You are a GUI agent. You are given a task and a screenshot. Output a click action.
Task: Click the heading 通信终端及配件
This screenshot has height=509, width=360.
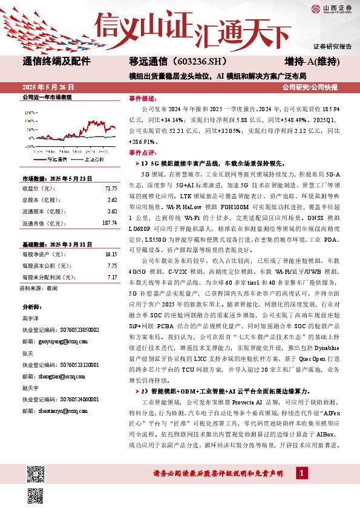(x=56, y=62)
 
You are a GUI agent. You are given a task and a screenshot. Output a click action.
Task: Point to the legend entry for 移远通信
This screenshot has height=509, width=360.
(x=59, y=160)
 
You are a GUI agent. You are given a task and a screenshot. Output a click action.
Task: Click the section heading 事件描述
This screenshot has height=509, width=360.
(x=142, y=97)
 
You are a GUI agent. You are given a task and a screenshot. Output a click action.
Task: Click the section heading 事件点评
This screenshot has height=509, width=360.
(x=142, y=154)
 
